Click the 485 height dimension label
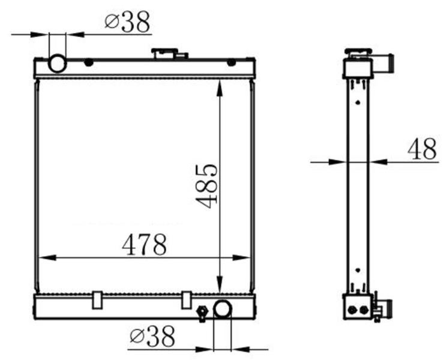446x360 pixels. click(206, 186)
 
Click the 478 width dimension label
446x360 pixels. click(145, 244)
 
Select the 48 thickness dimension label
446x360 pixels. click(422, 149)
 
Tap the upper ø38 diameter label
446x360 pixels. click(127, 22)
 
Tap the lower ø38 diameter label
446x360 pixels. click(152, 337)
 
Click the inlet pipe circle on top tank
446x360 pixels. click(58, 64)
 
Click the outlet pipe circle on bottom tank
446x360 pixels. click(223, 309)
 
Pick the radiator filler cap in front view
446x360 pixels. click(168, 53)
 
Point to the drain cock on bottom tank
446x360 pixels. click(202, 313)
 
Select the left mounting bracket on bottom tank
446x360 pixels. click(97, 300)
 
